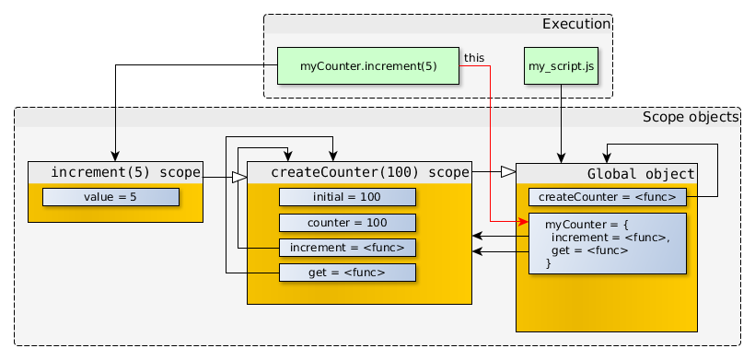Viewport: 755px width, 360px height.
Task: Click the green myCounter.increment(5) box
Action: [368, 66]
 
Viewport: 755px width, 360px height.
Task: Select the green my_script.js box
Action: [561, 66]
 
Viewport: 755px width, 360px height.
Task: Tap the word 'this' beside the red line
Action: [474, 57]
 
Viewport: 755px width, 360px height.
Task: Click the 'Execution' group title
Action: [575, 24]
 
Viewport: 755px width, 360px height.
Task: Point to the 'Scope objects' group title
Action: [690, 117]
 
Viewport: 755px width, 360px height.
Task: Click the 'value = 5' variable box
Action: [110, 197]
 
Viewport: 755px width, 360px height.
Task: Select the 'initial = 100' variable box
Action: [347, 197]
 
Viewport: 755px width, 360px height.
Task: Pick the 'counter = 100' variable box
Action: [347, 223]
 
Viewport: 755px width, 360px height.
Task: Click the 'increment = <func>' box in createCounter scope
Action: [347, 248]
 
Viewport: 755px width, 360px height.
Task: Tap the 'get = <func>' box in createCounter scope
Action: [347, 273]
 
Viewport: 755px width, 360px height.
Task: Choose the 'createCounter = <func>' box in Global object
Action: [607, 196]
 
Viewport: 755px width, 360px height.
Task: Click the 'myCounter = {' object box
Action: [607, 244]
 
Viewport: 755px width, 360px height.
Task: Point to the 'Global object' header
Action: [640, 173]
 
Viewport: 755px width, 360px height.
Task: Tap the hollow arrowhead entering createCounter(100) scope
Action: [239, 177]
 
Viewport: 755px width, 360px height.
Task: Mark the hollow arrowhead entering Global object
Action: [507, 171]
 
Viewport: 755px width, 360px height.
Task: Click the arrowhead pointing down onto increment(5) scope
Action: [115, 156]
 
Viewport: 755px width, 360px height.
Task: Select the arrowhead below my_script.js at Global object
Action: [561, 157]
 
